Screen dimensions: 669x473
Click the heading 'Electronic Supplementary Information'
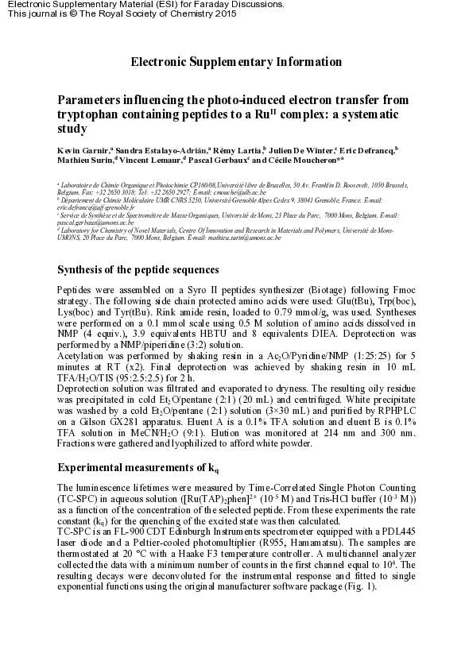236,62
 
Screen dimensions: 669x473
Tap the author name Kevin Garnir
83,150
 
